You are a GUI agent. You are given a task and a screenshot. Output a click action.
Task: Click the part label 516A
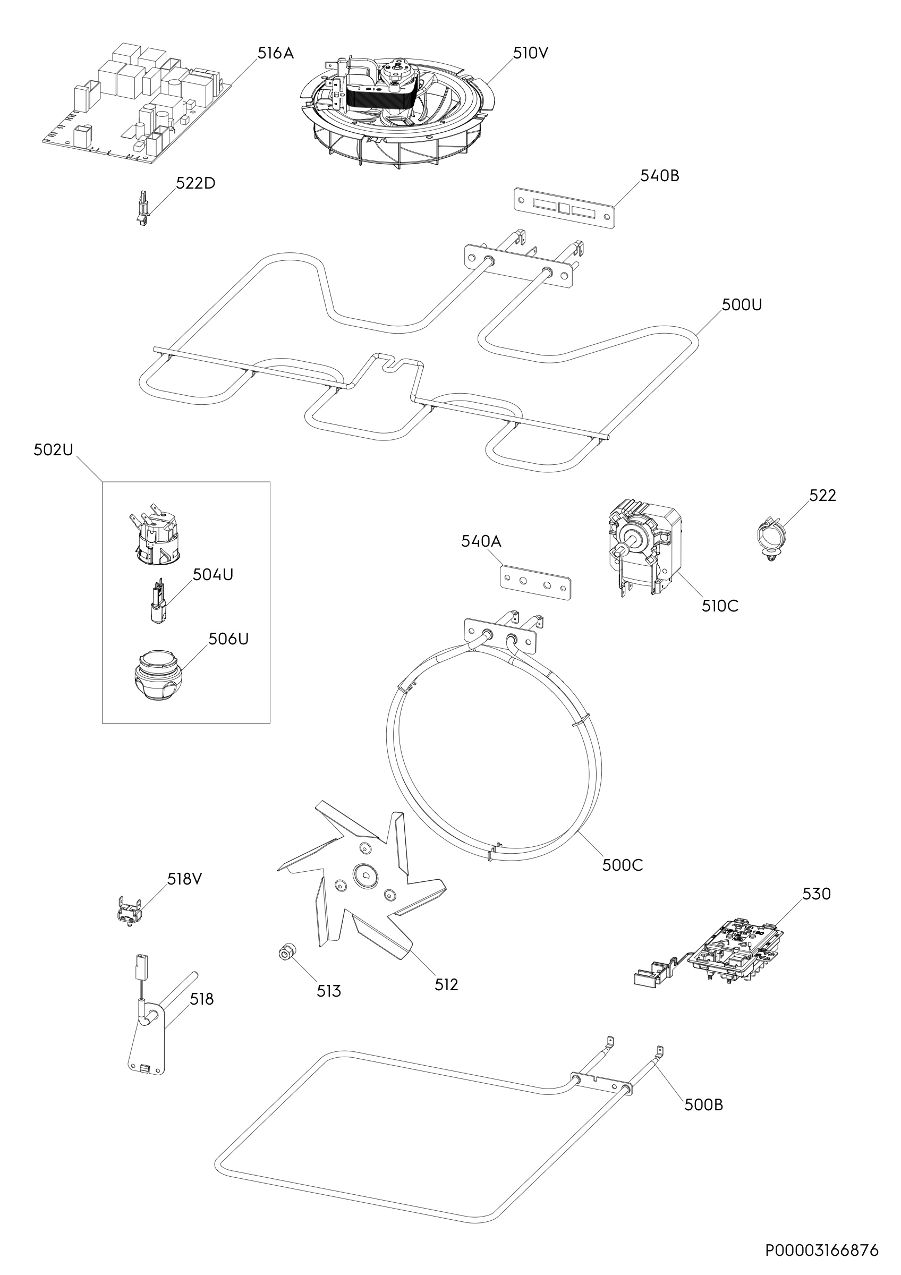275,53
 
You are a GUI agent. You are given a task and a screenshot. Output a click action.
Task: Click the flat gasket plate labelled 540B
564,207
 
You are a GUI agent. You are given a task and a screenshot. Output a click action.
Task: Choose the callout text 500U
742,305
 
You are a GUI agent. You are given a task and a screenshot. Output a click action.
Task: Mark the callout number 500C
622,865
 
